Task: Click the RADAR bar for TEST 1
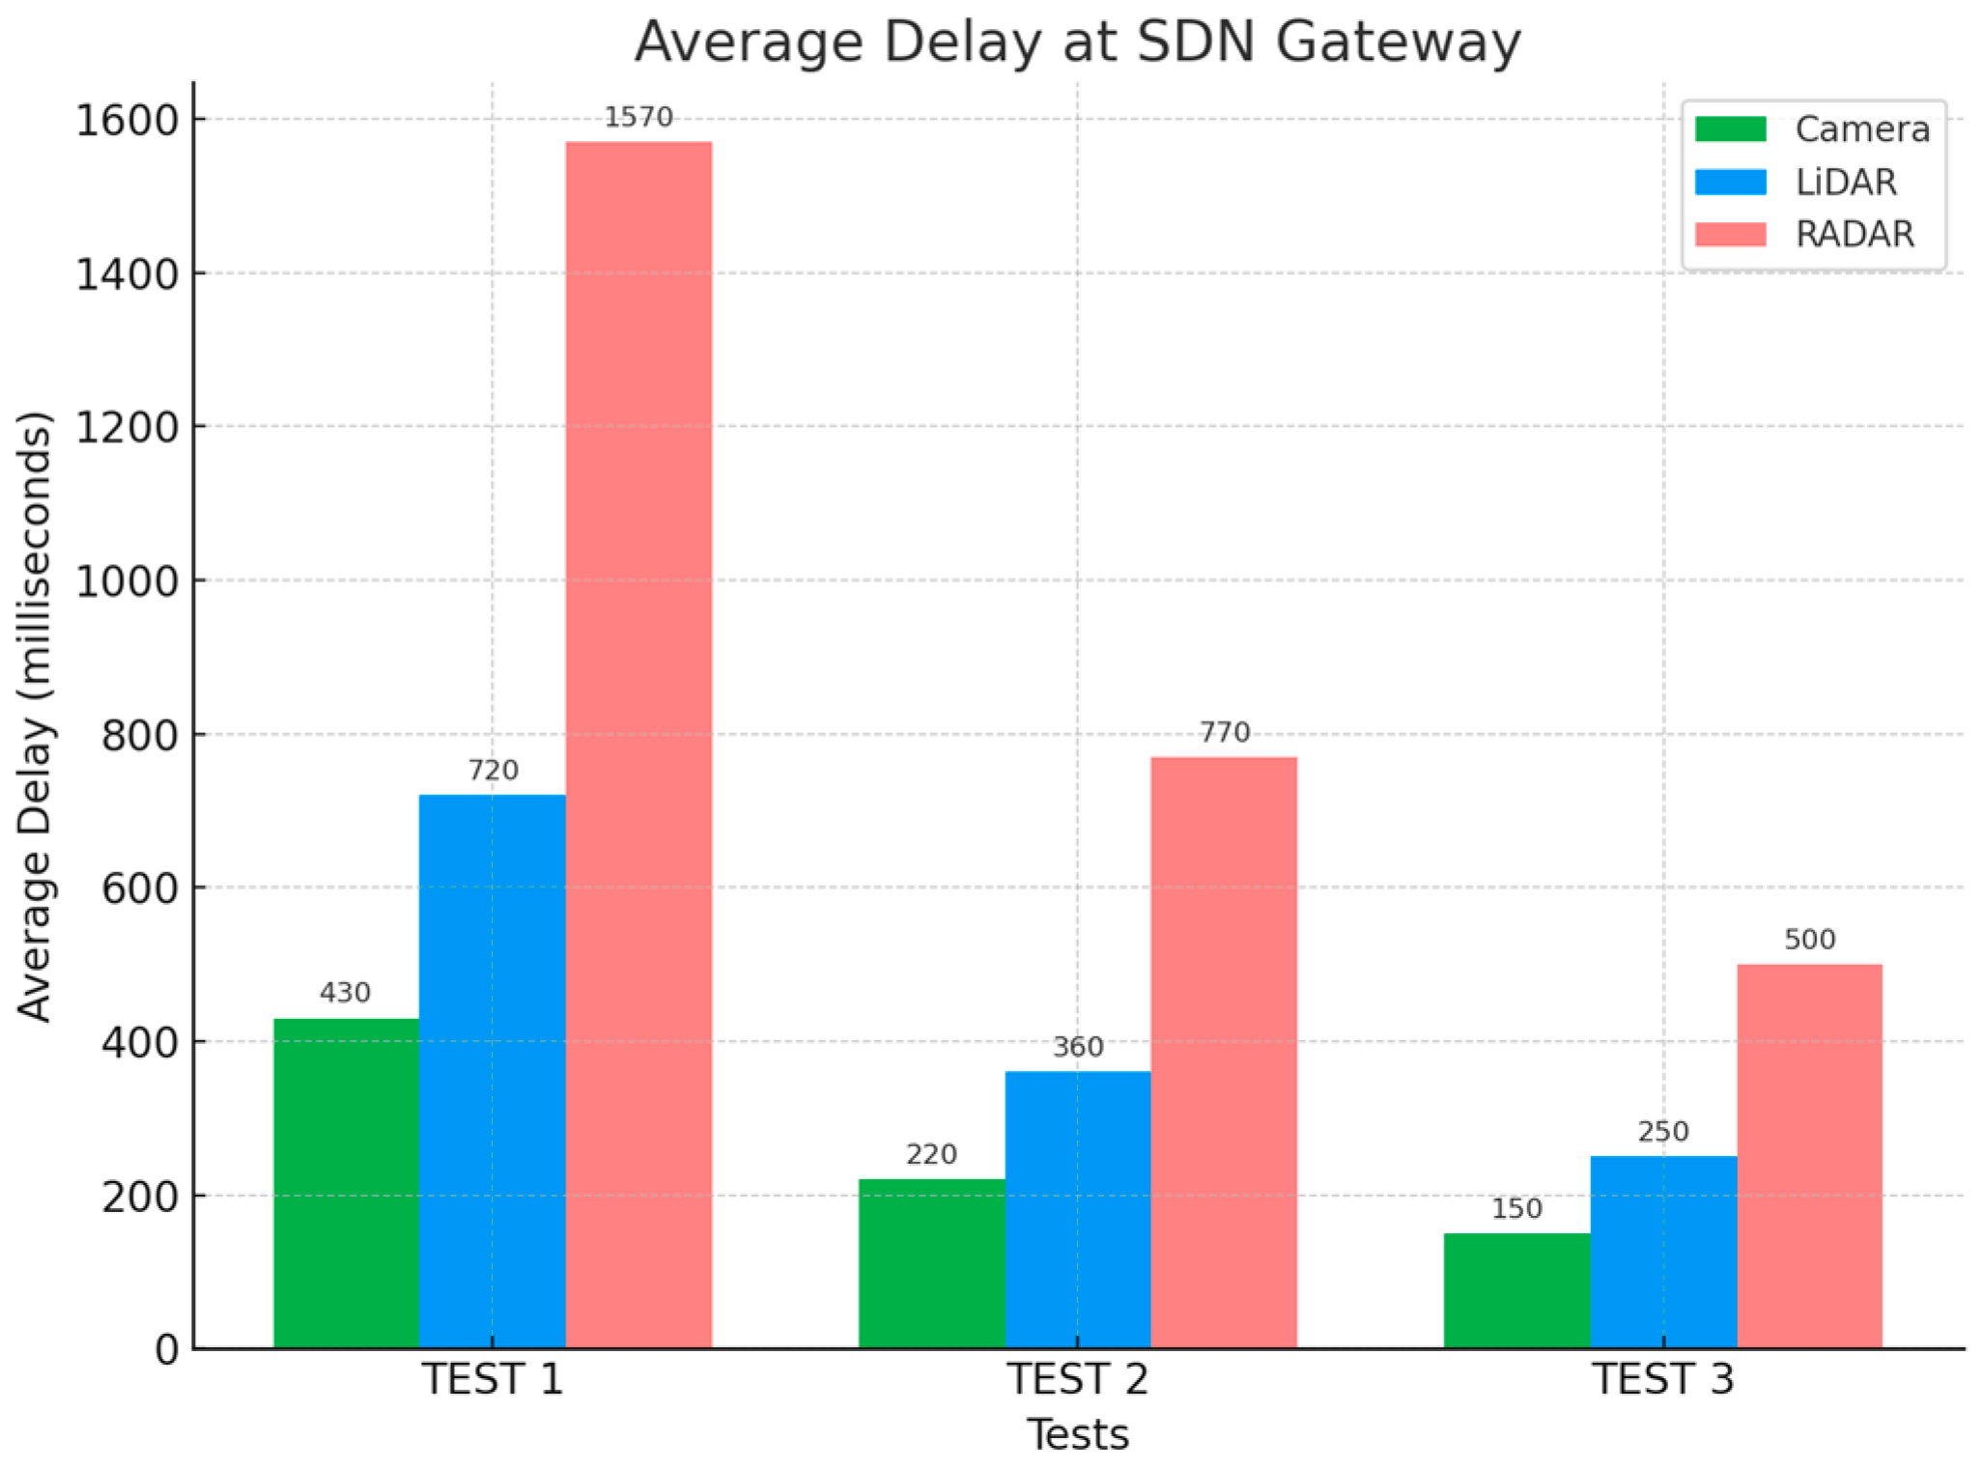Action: (638, 744)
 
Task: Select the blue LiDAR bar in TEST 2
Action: (1077, 1209)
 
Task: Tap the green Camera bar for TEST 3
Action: (1516, 1290)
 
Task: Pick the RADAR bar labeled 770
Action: (1224, 1053)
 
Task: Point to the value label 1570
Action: (638, 118)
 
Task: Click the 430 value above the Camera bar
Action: (345, 993)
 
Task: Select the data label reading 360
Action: (1078, 1047)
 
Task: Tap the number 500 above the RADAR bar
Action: (1809, 940)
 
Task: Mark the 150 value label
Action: (1516, 1208)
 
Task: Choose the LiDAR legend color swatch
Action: (1730, 182)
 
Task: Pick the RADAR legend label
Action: (1855, 235)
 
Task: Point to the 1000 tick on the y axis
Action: (127, 581)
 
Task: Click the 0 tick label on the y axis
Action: (167, 1349)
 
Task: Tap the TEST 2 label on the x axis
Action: (1078, 1379)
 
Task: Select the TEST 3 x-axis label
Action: (1663, 1379)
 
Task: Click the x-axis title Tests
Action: (1078, 1435)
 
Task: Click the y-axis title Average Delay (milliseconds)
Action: (35, 717)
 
